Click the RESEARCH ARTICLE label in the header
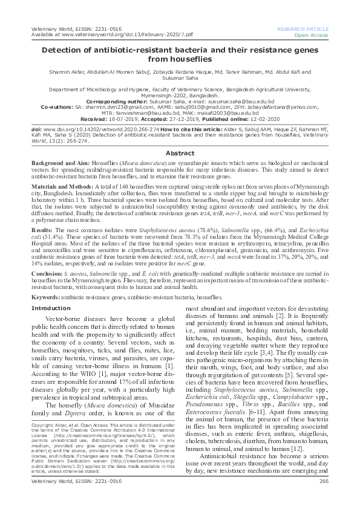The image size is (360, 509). click(302, 29)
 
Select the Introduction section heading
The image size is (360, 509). click(51, 308)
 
